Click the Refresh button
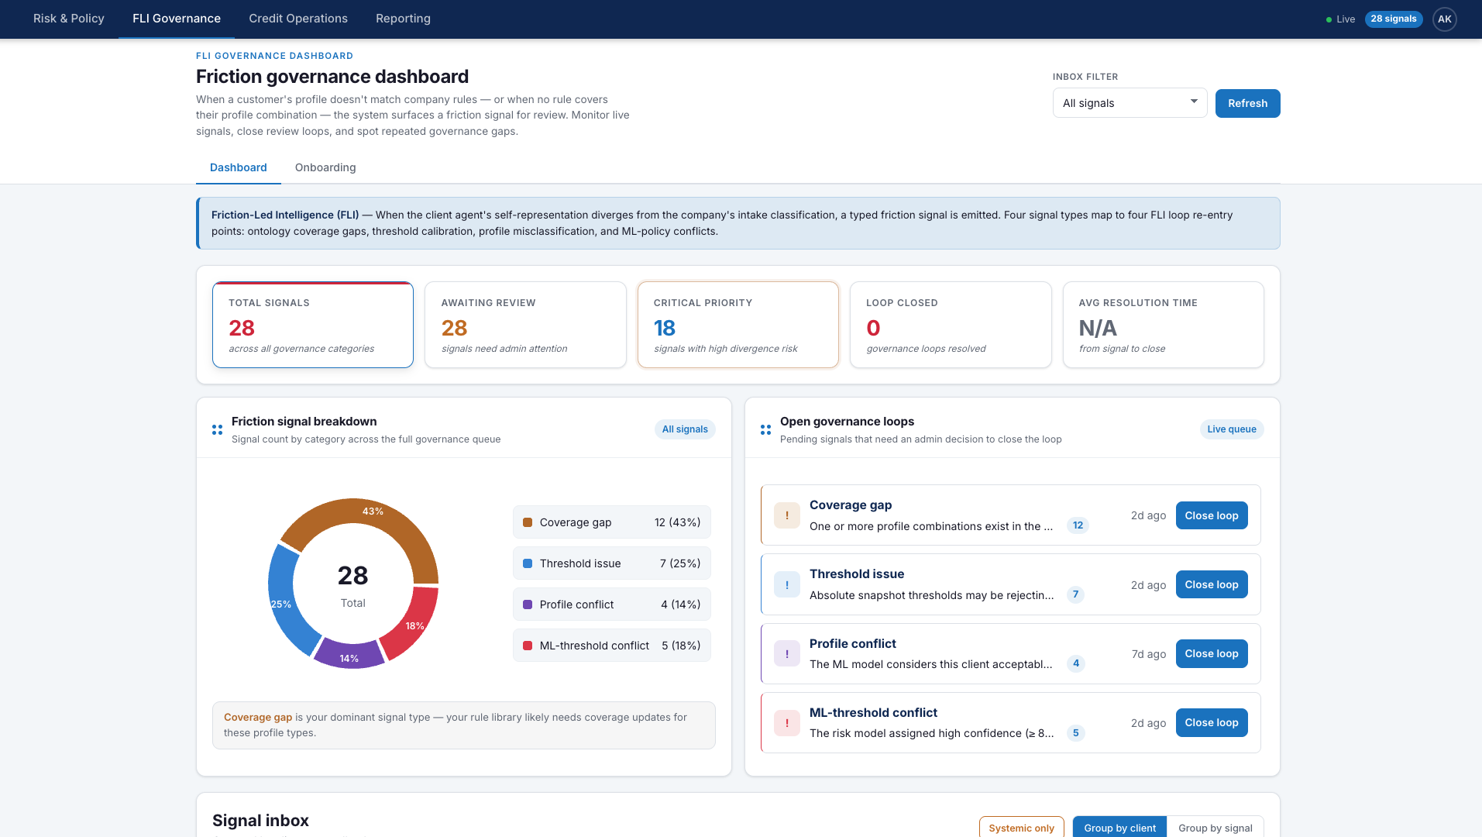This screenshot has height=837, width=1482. coord(1247,103)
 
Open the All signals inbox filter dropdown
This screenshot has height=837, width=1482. coord(1129,103)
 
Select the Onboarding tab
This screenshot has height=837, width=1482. coord(325,167)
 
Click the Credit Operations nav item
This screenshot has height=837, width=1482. coord(298,19)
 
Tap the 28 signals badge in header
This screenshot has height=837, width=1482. coord(1393,19)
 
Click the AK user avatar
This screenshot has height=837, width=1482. coord(1444,19)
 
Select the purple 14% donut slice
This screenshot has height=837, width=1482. coord(349,653)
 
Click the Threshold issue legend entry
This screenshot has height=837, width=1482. coord(611,563)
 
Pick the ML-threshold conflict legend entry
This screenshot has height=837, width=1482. coord(611,646)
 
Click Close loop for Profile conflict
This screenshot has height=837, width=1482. coord(1211,653)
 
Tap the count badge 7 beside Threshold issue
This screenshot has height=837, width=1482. coord(1075,594)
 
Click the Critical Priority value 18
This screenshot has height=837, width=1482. coord(665,328)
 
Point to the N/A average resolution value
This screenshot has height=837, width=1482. coord(1098,328)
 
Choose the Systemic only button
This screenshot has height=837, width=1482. coord(1021,827)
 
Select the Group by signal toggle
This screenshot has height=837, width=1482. coord(1215,827)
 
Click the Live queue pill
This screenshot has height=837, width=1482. coord(1231,429)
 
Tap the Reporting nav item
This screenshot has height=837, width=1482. coord(403,19)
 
